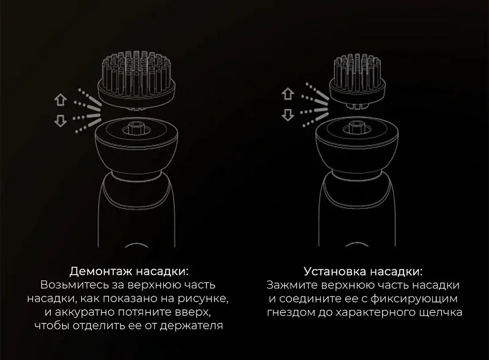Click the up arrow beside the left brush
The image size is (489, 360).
pos(61,100)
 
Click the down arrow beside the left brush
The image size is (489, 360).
pos(61,120)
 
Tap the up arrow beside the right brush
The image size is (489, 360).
pos(287,94)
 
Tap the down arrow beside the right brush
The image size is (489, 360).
pos(287,115)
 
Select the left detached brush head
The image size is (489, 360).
pos(136,79)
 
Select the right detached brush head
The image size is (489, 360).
pos(358,81)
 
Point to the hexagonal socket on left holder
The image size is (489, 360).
pos(136,128)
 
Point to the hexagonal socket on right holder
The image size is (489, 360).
pos(357,127)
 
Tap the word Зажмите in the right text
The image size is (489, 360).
pos(292,285)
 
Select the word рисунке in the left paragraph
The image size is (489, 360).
pos(203,298)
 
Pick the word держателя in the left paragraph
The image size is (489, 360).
pos(191,326)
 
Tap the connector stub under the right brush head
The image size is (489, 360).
pos(358,106)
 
